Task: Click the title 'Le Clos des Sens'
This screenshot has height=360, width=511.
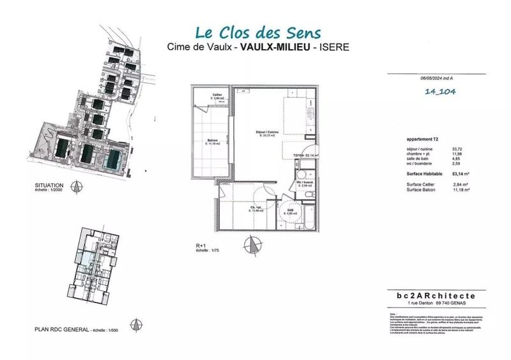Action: [258, 32]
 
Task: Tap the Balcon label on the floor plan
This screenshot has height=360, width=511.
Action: [212, 142]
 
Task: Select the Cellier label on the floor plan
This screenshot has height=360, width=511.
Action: [217, 97]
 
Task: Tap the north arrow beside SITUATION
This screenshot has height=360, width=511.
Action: [77, 187]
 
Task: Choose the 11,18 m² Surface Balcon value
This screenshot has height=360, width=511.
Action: [461, 190]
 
